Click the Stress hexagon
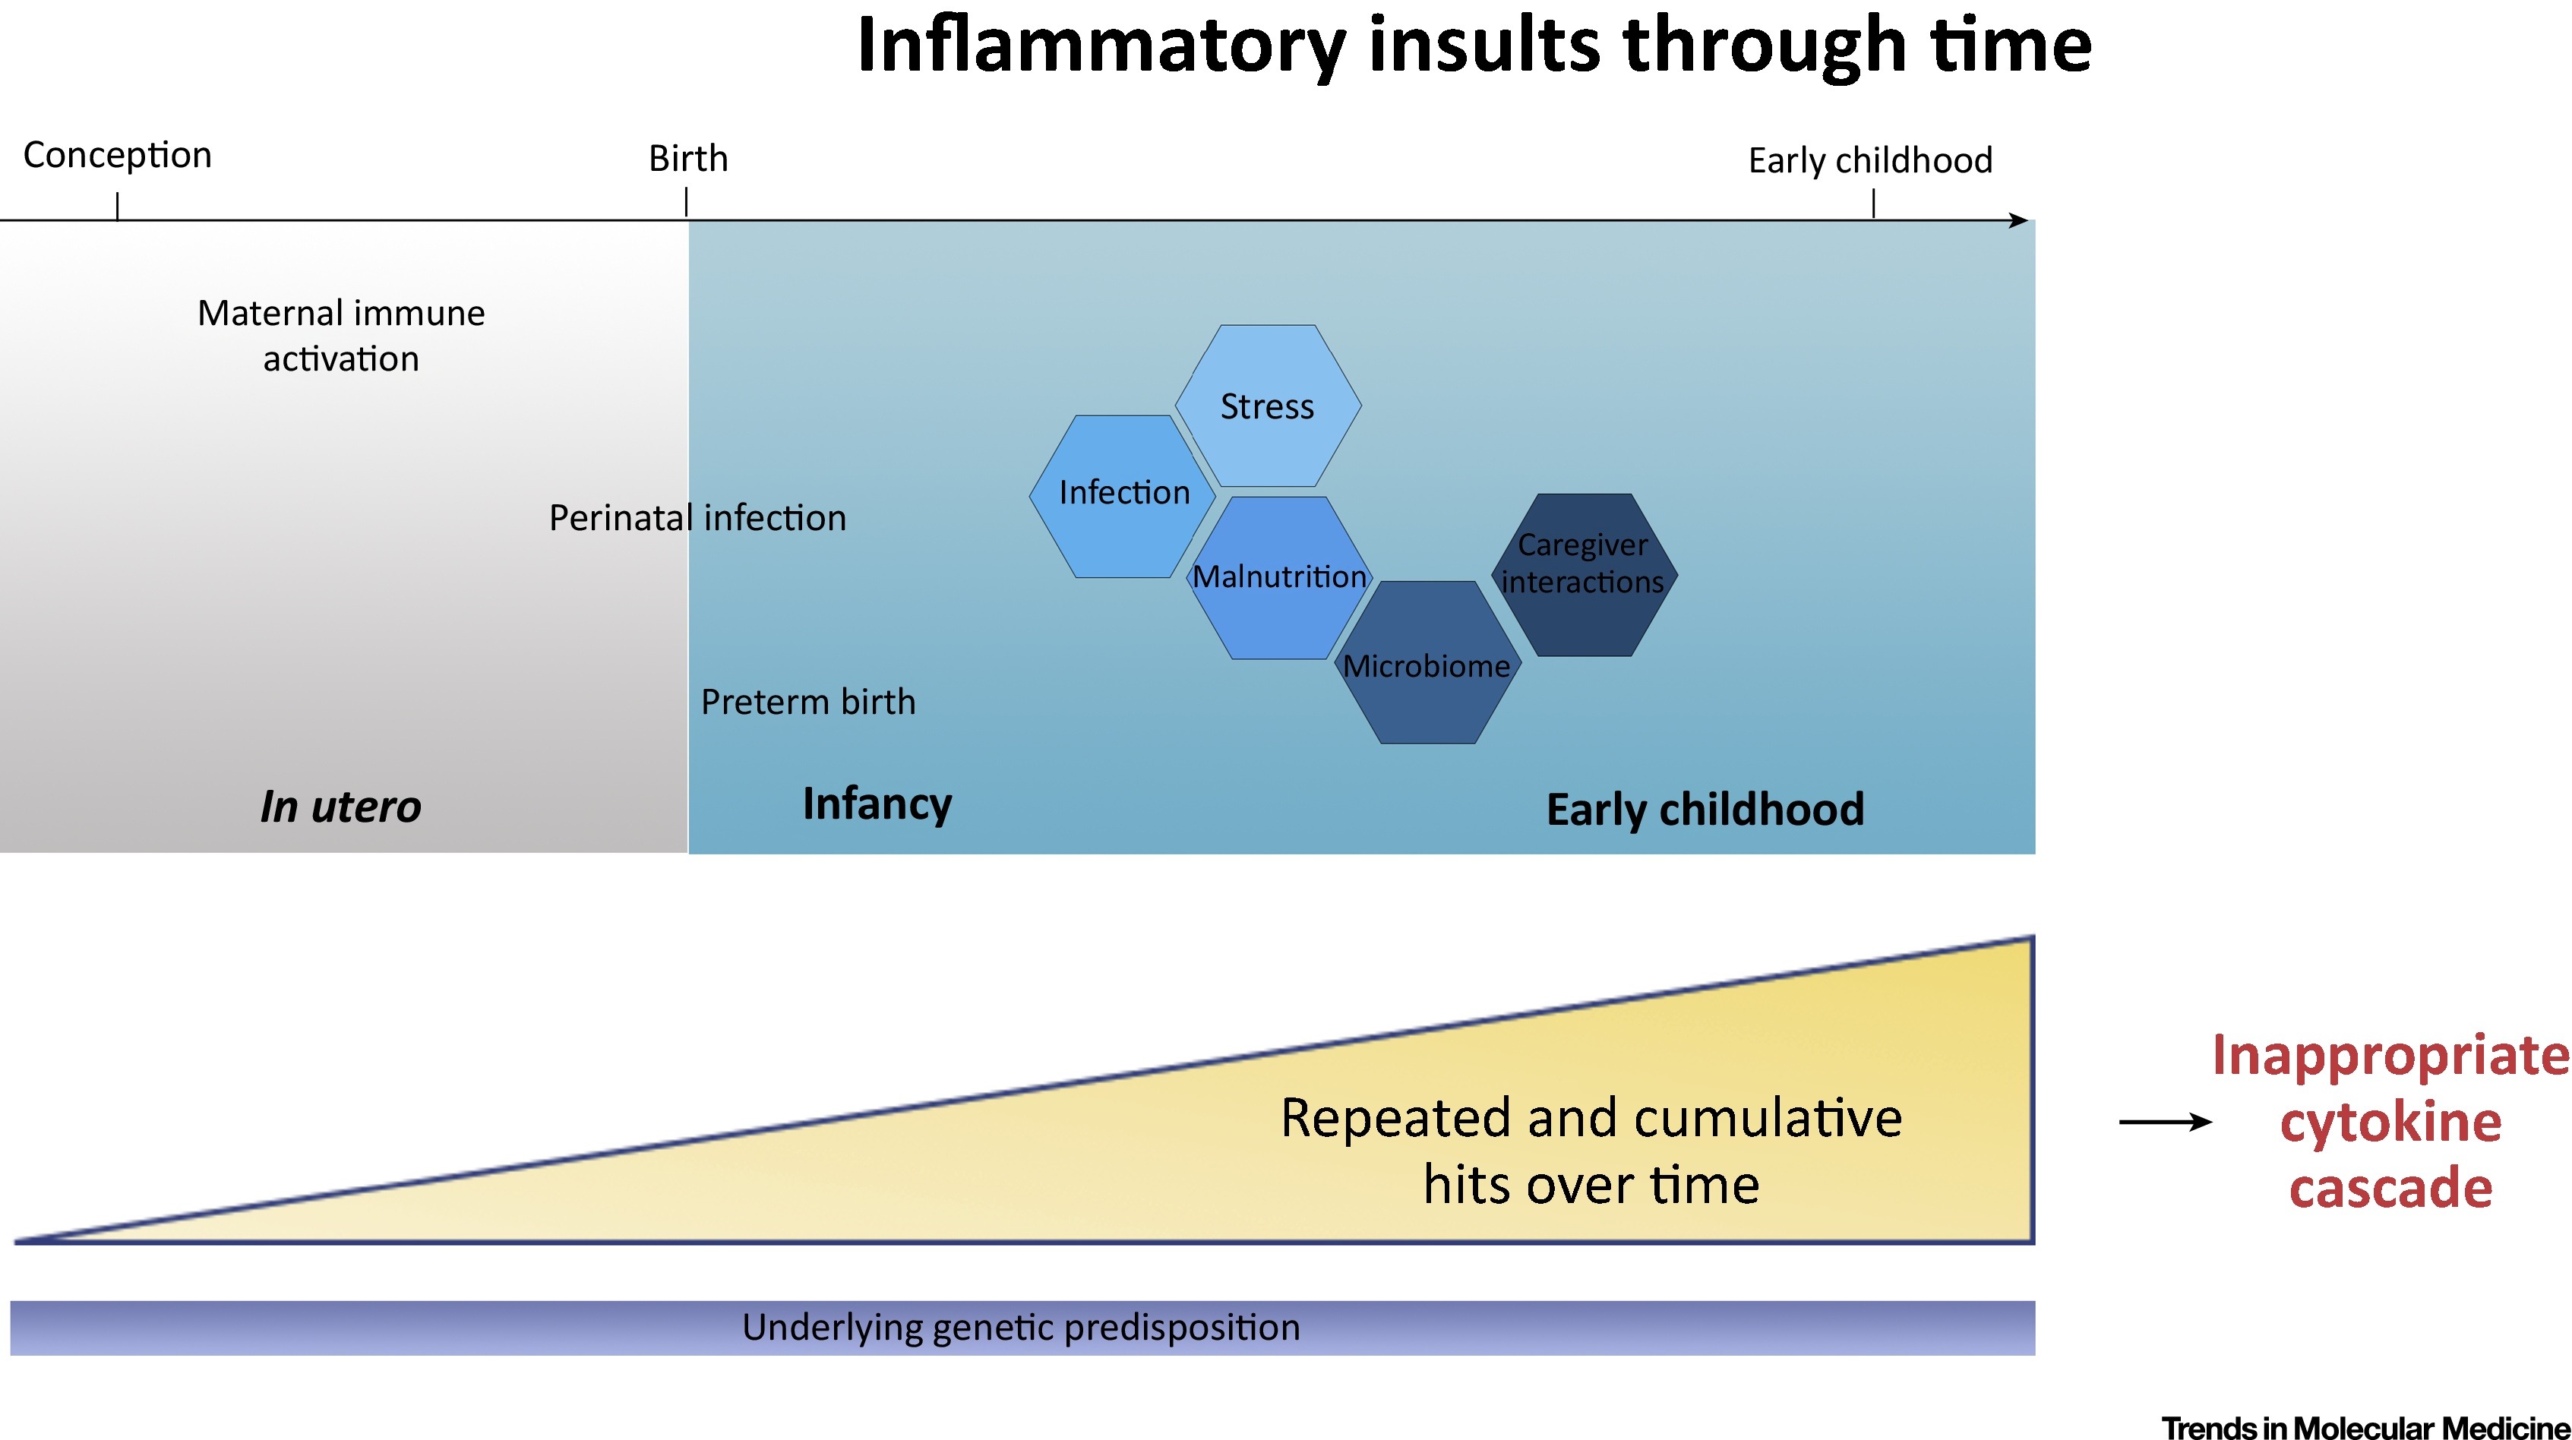pyautogui.click(x=1267, y=406)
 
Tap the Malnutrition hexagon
pyautogui.click(x=1279, y=577)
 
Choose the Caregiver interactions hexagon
pyautogui.click(x=1584, y=564)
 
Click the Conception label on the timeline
pyautogui.click(x=118, y=155)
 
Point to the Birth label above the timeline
pyautogui.click(x=688, y=159)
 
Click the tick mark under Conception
pyautogui.click(x=118, y=207)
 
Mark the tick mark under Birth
pyautogui.click(x=687, y=203)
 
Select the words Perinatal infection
pyautogui.click(x=697, y=518)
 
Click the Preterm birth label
pyautogui.click(x=807, y=702)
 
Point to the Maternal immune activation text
pyautogui.click(x=342, y=336)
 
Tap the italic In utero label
pyautogui.click(x=340, y=807)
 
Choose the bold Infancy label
pyautogui.click(x=877, y=804)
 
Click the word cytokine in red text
pyautogui.click(x=2390, y=1123)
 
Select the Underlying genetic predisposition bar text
pyautogui.click(x=1020, y=1327)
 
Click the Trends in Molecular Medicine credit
pyautogui.click(x=2365, y=1427)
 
